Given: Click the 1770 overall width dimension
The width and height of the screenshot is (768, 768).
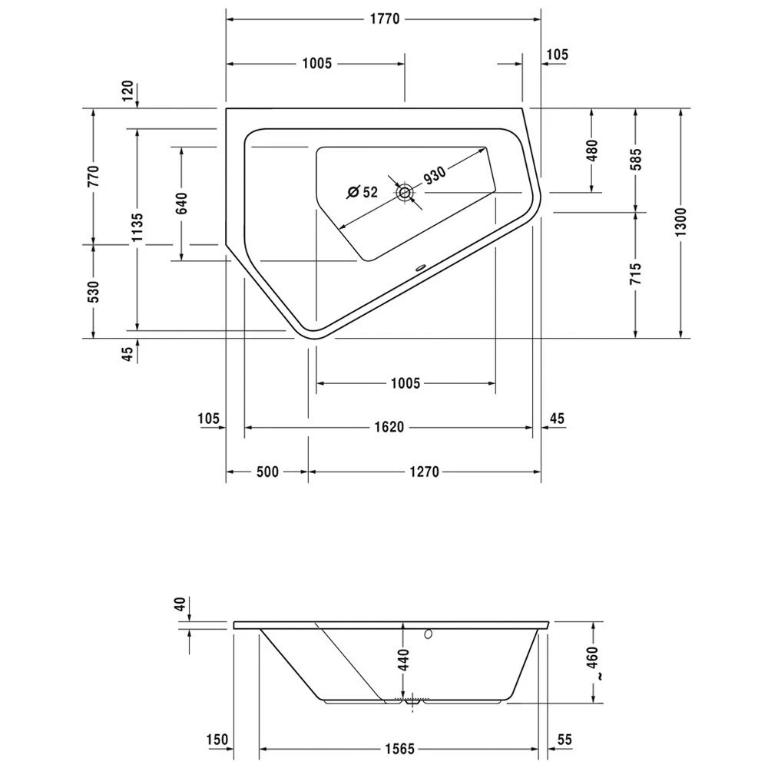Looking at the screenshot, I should click(x=383, y=20).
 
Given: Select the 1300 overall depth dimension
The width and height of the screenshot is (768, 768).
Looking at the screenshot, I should click(x=681, y=223).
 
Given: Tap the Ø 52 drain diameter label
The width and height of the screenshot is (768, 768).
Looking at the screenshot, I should click(x=362, y=192).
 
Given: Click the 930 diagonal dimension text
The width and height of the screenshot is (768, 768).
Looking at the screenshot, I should click(x=434, y=175).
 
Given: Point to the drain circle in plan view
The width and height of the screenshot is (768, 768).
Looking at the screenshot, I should click(x=404, y=193).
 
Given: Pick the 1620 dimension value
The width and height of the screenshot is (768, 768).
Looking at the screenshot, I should click(x=389, y=428).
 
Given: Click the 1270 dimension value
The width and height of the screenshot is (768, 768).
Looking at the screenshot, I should click(x=423, y=472).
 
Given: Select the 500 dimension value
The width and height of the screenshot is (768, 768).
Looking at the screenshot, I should click(x=266, y=472).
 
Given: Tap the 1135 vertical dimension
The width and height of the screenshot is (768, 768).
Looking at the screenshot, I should click(x=137, y=228).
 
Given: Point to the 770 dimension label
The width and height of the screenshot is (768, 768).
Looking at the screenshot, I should click(x=94, y=177).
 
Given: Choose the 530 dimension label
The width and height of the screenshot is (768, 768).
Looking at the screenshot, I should click(x=94, y=292).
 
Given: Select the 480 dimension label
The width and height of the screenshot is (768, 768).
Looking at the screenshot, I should click(x=592, y=151).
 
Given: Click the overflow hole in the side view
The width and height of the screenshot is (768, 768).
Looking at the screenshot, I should click(x=428, y=635).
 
